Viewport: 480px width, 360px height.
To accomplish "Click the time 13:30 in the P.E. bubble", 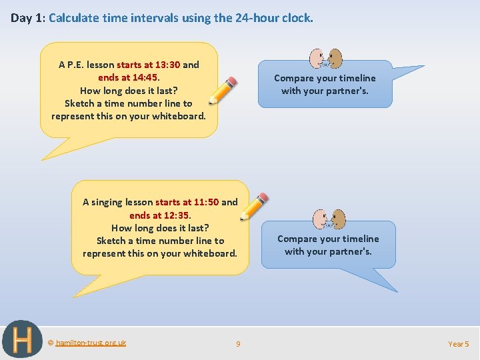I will (167, 65).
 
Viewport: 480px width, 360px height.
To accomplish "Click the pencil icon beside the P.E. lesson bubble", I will (223, 91).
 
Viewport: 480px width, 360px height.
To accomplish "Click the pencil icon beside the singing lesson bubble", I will (254, 206).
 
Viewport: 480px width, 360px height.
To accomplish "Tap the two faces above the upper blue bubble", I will (327, 59).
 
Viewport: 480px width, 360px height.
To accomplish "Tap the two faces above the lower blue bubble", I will (330, 219).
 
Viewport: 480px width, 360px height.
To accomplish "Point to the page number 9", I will (238, 344).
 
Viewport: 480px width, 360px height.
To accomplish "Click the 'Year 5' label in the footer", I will (459, 344).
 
